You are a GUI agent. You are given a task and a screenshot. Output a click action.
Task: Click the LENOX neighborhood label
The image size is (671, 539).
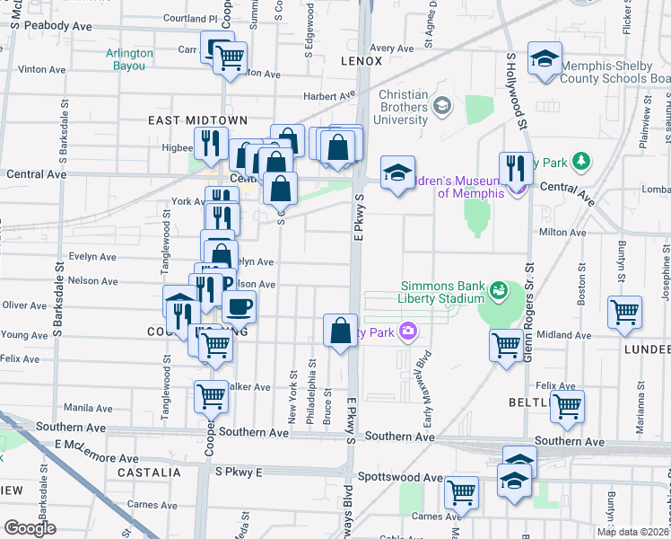tap(362, 61)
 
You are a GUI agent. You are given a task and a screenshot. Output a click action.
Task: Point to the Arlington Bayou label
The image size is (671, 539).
tap(129, 58)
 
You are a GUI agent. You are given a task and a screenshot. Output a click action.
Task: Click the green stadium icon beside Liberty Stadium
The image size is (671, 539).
tap(498, 290)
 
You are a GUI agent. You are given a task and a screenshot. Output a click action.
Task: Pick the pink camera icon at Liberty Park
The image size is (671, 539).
tap(408, 331)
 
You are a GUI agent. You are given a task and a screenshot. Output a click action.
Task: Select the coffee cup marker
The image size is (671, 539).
tap(239, 307)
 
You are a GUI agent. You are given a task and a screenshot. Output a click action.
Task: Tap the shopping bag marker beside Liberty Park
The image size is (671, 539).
tap(340, 330)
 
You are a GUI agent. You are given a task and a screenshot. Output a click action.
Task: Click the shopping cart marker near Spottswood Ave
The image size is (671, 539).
tap(461, 491)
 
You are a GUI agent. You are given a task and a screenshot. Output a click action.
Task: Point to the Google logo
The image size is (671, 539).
tap(30, 528)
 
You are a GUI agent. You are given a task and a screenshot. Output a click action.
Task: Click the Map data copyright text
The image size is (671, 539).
tap(633, 532)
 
